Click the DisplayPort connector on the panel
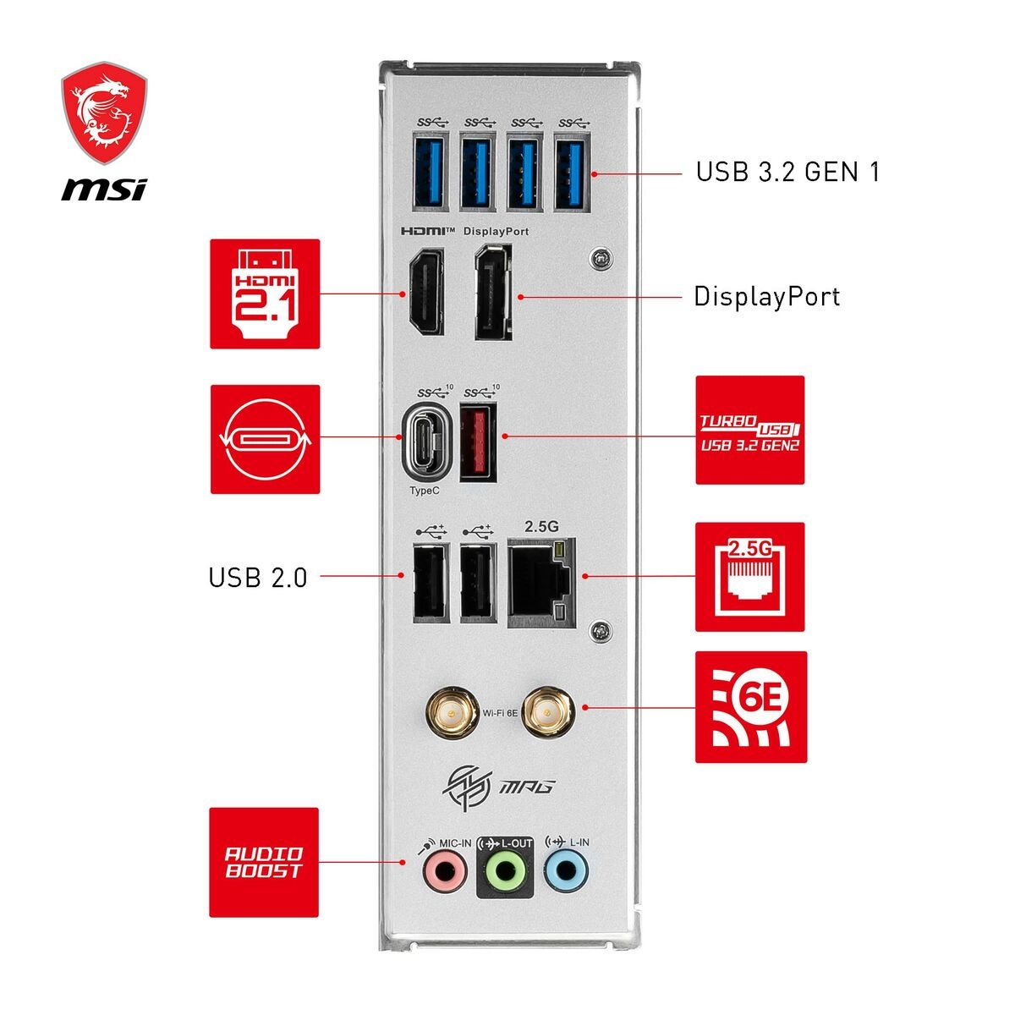coord(492,293)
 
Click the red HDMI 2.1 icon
coord(265,294)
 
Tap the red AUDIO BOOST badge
coord(264,862)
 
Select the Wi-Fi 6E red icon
coord(750,706)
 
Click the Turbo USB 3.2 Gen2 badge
coord(749,431)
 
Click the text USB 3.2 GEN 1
coord(787,172)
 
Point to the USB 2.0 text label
coord(258,578)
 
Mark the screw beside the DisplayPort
coord(601,258)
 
